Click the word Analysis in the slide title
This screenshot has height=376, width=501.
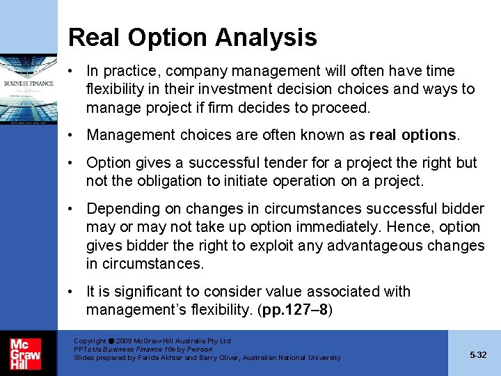(273, 37)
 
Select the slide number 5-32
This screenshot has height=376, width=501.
(478, 354)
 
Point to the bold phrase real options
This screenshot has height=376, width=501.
(413, 134)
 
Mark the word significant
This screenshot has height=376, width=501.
(144, 292)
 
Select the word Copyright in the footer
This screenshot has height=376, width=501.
(90, 341)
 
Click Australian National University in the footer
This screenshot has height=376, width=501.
(299, 358)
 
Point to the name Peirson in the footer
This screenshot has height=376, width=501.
(200, 350)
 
